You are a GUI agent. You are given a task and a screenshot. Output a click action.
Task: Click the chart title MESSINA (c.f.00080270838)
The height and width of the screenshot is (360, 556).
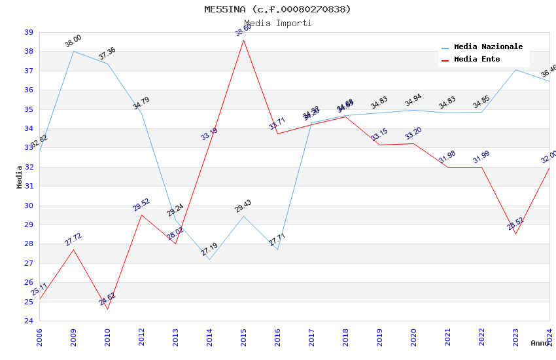(277, 9)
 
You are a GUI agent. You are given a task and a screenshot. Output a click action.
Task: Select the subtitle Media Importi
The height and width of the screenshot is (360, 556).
(277, 24)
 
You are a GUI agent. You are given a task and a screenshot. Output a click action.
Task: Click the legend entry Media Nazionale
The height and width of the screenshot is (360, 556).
(488, 47)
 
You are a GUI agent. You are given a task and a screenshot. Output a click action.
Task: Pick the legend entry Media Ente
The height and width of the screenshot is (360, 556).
(477, 60)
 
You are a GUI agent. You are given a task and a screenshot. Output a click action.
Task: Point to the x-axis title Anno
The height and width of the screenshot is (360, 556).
(540, 343)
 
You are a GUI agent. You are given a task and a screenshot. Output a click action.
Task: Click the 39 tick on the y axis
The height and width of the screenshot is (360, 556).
(29, 32)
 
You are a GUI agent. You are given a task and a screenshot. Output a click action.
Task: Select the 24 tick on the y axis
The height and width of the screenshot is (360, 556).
(29, 321)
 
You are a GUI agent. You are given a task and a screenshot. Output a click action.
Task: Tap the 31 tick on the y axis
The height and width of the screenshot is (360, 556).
(29, 186)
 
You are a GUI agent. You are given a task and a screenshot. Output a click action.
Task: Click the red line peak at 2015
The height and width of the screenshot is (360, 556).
(244, 40)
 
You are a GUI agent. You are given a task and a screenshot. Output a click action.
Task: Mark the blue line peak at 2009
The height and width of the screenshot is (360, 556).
(73, 51)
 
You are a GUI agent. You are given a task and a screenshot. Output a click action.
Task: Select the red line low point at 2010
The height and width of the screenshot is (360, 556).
(107, 309)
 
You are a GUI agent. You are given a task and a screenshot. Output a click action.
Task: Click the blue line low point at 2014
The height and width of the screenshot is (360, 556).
(209, 259)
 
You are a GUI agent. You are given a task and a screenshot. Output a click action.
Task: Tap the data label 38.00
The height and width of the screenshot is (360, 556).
(73, 41)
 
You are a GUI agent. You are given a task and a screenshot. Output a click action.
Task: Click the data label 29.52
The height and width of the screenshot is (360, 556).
(141, 205)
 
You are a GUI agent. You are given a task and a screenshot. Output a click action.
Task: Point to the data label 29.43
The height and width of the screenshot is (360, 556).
(243, 207)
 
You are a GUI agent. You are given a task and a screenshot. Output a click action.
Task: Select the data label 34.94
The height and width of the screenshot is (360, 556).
(413, 101)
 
